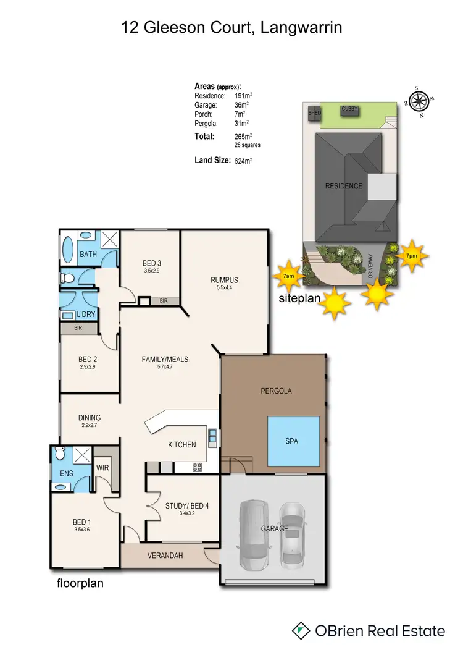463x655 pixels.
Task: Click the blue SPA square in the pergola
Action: pos(293,441)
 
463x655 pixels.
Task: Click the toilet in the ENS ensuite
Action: pos(60,454)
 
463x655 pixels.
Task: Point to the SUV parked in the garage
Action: pos(252,535)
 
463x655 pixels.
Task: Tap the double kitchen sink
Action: pos(212,437)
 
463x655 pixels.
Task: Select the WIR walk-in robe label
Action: pos(102,468)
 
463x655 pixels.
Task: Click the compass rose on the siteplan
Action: pos(419,100)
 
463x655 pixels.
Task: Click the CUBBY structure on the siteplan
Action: pos(350,109)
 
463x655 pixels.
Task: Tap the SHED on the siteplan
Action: pos(315,114)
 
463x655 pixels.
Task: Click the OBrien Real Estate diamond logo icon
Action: pos(301,630)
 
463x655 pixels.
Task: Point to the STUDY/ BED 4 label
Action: pos(187,505)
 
